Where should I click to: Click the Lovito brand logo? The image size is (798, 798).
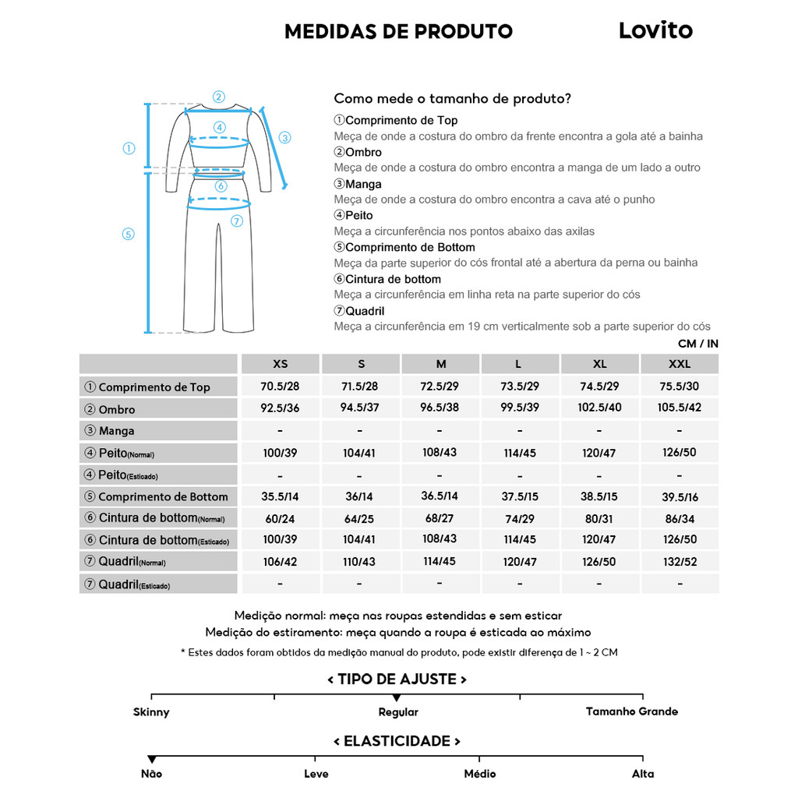(x=655, y=30)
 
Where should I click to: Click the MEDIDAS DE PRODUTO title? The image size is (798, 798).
(x=398, y=32)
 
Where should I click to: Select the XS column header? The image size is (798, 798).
(x=281, y=364)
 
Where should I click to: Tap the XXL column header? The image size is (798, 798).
(x=680, y=364)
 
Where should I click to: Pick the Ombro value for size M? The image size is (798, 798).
(x=440, y=408)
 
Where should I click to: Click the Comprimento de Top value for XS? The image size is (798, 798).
(x=281, y=387)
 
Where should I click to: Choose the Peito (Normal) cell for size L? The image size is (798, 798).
(x=520, y=453)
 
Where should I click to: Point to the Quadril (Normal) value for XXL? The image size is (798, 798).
(x=680, y=562)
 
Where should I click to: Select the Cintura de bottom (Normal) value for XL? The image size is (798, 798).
(x=599, y=518)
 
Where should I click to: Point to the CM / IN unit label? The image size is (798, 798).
(x=697, y=344)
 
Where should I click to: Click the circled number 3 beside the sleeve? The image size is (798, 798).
(x=285, y=138)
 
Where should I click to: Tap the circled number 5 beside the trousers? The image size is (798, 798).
(x=129, y=234)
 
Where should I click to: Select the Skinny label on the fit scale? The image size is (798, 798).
(x=151, y=712)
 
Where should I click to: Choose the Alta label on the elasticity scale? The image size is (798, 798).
(x=643, y=774)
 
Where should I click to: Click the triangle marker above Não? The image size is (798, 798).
(x=152, y=759)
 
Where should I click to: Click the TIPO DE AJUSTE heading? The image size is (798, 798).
(x=397, y=680)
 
